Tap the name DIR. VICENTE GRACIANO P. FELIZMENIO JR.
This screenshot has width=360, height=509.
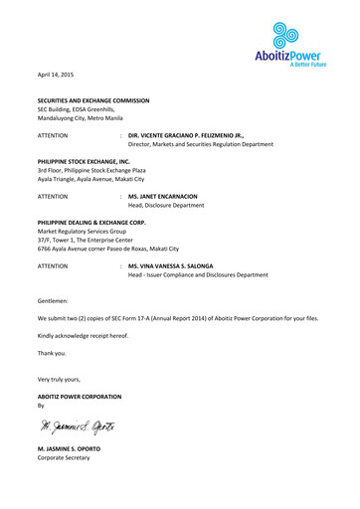coord(186,132)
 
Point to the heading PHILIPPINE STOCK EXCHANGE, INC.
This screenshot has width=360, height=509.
coord(84,159)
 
